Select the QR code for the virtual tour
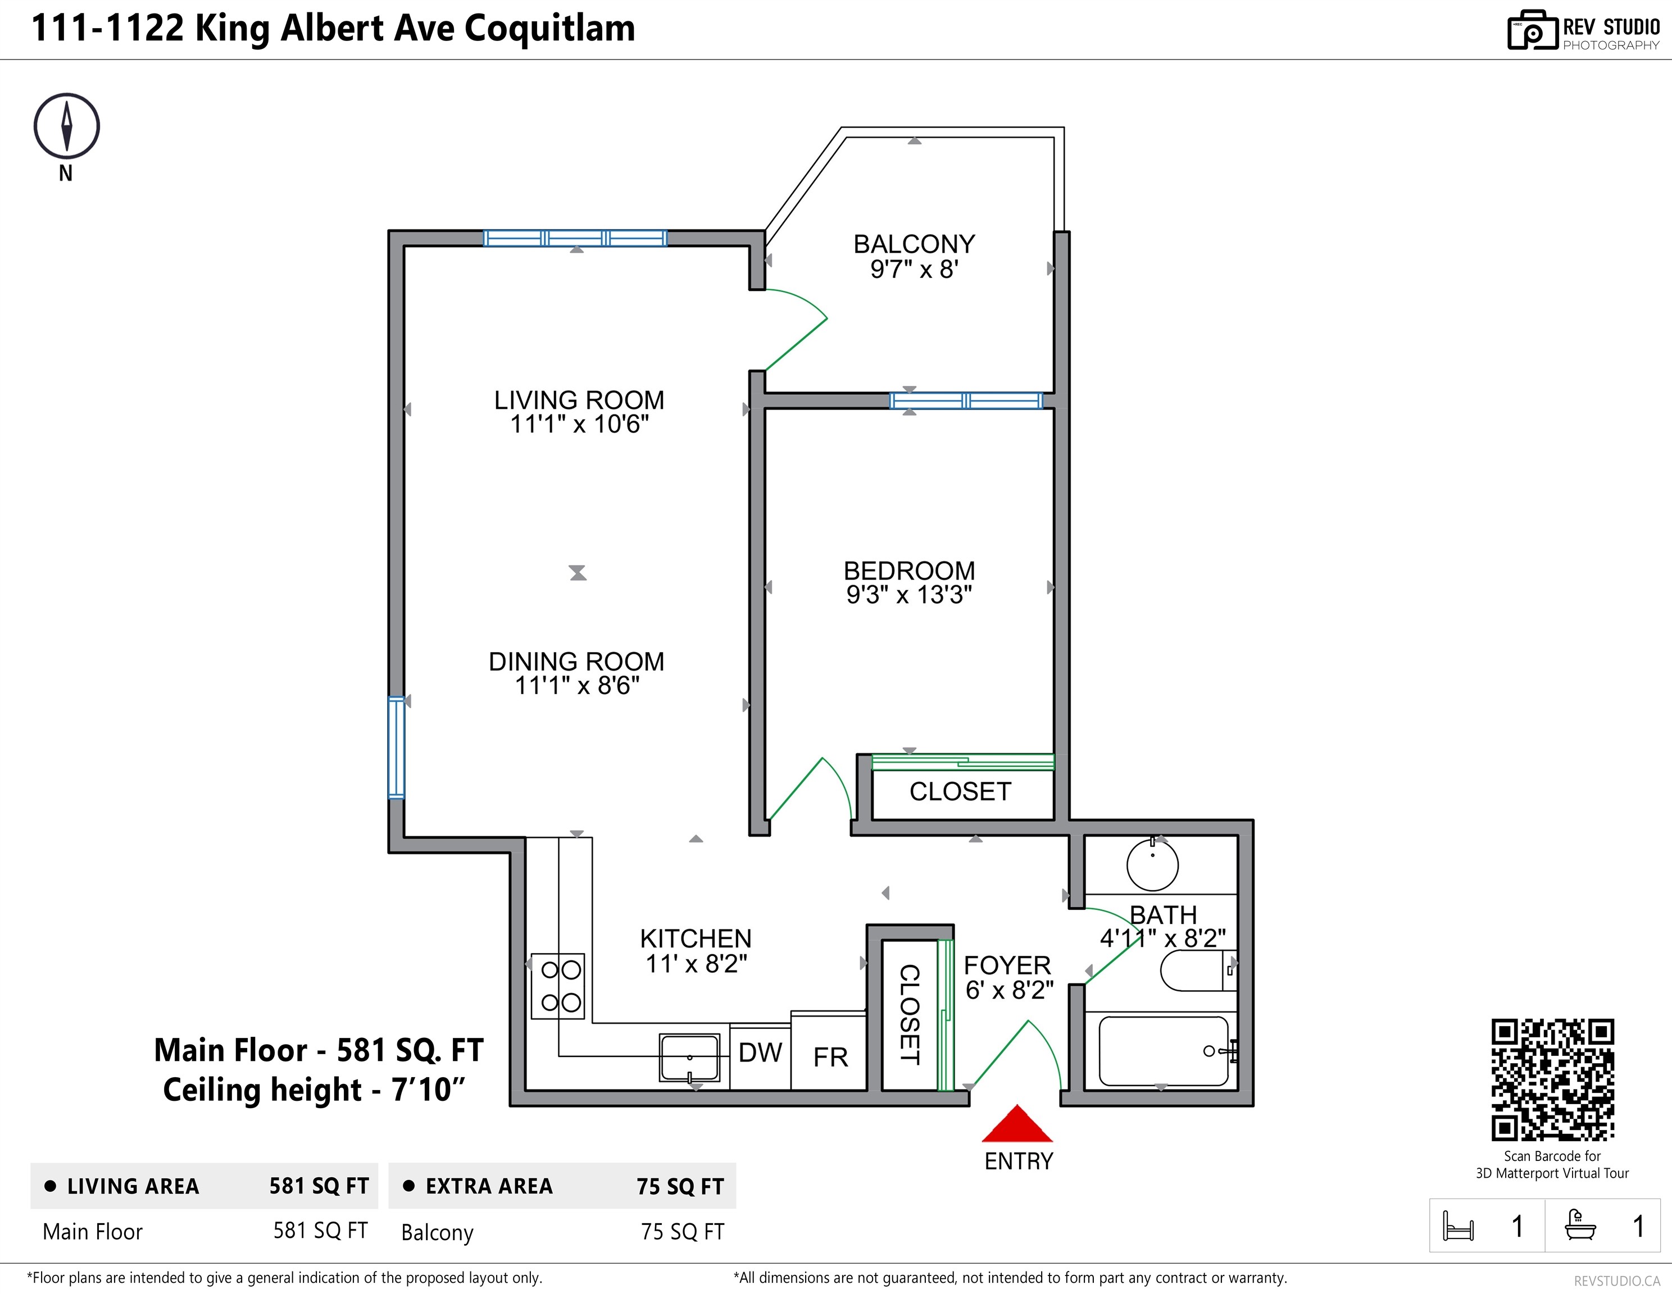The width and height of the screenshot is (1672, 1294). (1552, 1079)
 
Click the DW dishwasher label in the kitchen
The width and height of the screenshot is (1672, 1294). (760, 1053)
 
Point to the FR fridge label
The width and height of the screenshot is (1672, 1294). (830, 1058)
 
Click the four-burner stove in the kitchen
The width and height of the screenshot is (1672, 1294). (559, 986)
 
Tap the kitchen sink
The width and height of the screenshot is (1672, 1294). (690, 1058)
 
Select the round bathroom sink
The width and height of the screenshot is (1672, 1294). (1152, 865)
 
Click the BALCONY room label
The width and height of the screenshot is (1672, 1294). (914, 244)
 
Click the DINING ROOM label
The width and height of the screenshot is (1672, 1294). (576, 661)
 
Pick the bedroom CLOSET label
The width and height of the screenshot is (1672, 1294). (960, 791)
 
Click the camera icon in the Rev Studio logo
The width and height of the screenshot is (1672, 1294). (1533, 31)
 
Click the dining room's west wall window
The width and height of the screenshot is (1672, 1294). (396, 748)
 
